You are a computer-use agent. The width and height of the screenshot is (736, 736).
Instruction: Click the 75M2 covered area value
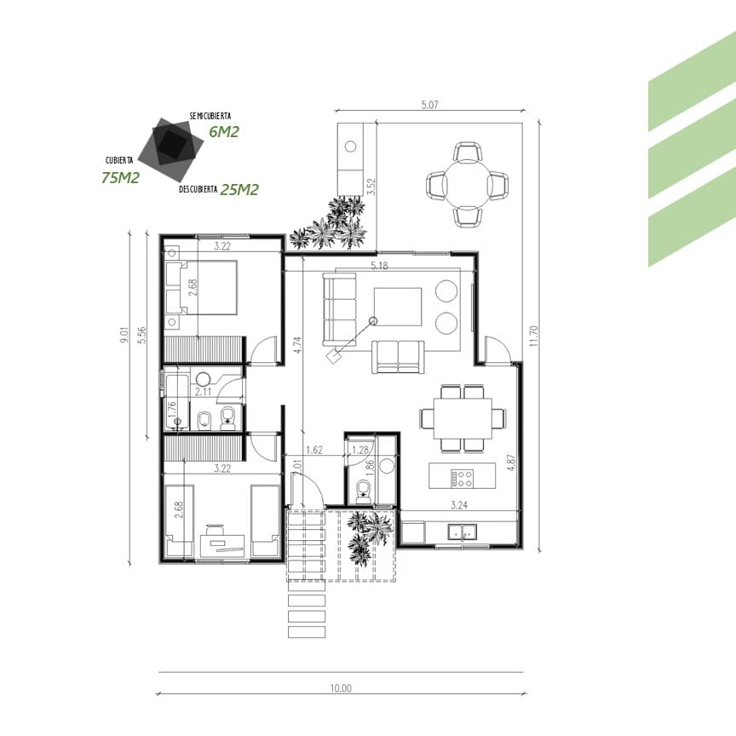121,177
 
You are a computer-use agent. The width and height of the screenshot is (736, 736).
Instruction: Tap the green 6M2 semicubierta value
224,132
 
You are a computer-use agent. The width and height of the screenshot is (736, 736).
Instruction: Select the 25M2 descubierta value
239,189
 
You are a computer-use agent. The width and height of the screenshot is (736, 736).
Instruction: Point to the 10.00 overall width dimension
341,688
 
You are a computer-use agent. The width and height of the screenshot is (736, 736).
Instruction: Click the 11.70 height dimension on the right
534,336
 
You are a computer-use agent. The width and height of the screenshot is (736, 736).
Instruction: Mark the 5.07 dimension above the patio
429,105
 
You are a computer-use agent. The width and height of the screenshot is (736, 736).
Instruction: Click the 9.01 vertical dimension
124,335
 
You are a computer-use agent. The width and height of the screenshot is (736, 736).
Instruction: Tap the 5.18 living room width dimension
379,266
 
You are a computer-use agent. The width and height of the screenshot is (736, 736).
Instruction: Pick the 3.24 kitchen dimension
458,505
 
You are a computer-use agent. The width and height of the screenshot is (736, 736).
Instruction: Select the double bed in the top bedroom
201,287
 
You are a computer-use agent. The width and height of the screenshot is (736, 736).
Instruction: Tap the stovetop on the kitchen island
463,478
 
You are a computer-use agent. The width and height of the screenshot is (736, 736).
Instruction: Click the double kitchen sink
463,532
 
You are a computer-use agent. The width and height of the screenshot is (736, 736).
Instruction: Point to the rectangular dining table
463,418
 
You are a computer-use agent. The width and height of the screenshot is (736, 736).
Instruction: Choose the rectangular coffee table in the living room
398,307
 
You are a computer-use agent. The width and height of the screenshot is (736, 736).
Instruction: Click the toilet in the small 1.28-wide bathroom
363,491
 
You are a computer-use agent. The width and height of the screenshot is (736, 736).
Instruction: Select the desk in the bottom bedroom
222,545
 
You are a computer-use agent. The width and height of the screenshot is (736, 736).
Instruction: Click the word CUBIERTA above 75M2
119,160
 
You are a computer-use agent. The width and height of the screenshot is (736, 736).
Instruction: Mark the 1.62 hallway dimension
314,450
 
